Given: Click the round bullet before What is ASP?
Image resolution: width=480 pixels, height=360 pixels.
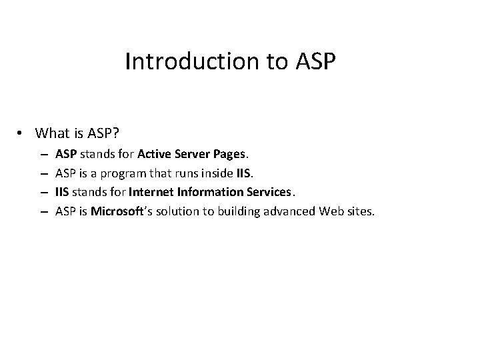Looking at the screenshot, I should click(23, 133).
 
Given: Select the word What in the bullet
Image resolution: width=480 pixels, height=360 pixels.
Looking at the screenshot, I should click(53, 133).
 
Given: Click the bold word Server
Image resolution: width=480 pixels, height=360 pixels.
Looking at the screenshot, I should click(193, 154).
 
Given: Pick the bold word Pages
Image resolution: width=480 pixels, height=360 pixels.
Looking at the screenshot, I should click(230, 154).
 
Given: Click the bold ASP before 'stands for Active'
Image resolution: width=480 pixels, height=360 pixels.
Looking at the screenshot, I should click(67, 154).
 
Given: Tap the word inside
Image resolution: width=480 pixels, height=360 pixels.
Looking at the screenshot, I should click(213, 173).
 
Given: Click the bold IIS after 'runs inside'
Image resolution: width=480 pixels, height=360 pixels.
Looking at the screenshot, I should click(243, 173).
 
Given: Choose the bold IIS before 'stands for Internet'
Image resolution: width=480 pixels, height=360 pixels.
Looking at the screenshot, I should click(63, 193).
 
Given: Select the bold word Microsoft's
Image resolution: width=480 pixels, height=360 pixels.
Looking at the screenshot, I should click(117, 212).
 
